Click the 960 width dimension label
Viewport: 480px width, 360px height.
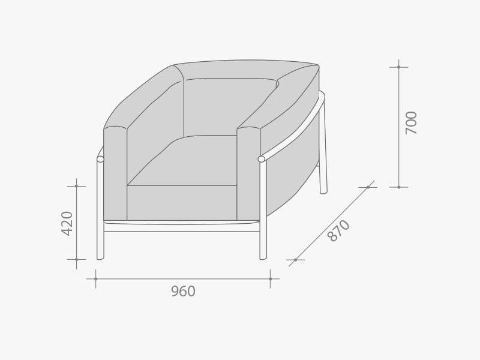[x=183, y=292]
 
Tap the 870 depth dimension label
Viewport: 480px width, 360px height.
[x=339, y=230]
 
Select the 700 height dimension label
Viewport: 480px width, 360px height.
[x=411, y=122]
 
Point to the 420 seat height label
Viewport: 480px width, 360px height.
[x=67, y=223]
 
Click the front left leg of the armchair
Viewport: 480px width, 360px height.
[x=100, y=210]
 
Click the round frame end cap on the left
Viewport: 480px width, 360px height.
[x=100, y=159]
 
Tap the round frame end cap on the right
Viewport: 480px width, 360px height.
[x=261, y=159]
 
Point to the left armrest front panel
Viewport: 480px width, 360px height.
[x=115, y=174]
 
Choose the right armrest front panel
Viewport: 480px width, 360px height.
[x=248, y=174]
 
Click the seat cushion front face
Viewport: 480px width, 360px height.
[x=182, y=203]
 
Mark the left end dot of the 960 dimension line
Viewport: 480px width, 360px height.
[x=95, y=278]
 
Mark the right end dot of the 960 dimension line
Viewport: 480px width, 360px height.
[x=270, y=278]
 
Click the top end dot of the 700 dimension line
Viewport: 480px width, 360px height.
[x=398, y=67]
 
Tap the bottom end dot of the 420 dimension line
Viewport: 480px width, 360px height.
[x=76, y=259]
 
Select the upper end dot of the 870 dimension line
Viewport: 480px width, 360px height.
[x=368, y=187]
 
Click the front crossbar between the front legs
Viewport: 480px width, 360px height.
[x=182, y=228]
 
